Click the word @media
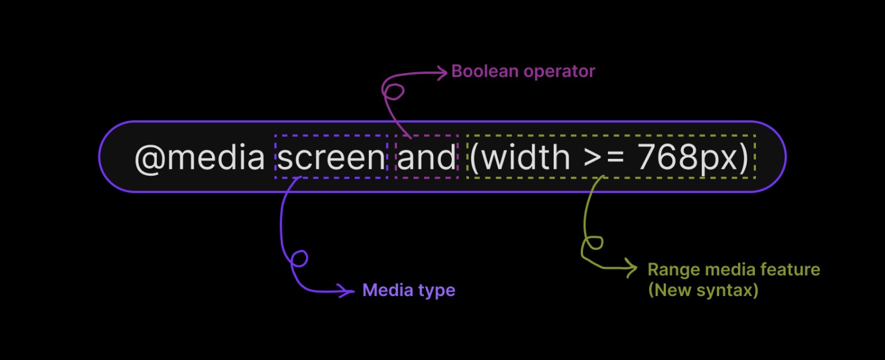199,157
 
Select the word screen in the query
331,157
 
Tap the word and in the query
426,157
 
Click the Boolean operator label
523,71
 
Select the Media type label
409,290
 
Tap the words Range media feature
733,269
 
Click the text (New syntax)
703,290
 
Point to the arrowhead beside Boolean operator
442,73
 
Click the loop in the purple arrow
298,259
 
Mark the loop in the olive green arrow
593,242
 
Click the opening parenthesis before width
475,157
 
